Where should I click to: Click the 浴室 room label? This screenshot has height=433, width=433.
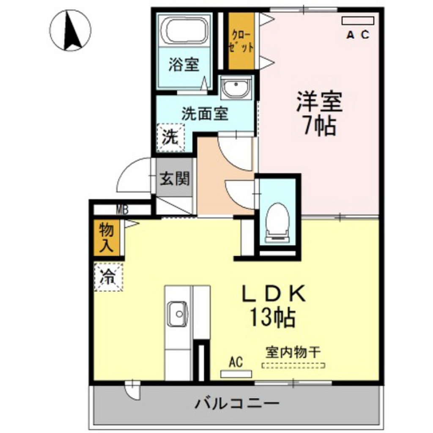point(184,66)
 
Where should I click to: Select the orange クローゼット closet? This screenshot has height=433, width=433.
point(241,41)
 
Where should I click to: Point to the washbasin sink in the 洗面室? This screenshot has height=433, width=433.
point(236,88)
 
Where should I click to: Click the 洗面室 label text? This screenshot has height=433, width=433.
point(205,113)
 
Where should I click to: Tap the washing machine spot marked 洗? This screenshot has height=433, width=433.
point(170,137)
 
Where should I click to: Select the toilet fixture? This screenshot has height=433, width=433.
point(278,220)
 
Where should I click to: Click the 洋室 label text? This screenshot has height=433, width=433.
point(319,102)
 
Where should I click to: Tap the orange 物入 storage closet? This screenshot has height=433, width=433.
point(107,238)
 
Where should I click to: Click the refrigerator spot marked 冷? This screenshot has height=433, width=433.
point(108,277)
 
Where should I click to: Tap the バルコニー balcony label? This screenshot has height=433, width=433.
point(237,403)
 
